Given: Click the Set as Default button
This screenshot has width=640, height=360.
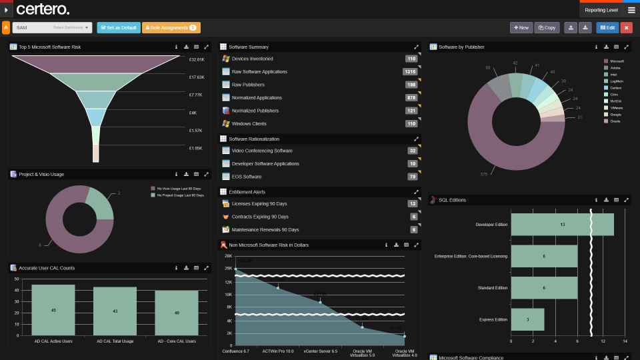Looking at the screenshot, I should [118, 27].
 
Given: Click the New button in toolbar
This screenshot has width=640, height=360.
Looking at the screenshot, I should [521, 27].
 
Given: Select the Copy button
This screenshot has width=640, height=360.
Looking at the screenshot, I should [547, 27].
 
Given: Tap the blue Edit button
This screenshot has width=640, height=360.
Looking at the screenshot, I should [607, 27].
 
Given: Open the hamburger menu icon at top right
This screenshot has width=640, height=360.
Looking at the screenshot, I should [631, 10].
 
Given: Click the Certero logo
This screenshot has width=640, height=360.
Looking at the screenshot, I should [43, 9].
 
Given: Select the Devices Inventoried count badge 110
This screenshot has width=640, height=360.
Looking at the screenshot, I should [411, 59].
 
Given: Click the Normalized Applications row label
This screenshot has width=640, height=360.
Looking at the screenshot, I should [256, 97].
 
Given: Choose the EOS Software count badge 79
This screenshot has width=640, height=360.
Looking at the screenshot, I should [412, 177].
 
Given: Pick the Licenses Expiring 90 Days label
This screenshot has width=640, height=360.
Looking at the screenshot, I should [259, 203].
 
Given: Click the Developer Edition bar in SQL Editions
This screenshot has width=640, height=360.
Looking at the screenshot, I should [562, 225].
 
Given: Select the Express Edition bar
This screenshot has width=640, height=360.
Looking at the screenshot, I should [527, 319].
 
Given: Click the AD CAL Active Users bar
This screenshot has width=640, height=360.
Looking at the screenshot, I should [53, 310].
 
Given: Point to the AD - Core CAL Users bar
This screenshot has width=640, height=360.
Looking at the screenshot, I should [177, 313].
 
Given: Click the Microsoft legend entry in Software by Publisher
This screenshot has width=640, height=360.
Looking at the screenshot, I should [617, 61].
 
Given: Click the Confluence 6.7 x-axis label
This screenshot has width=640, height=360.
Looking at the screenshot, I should [235, 351].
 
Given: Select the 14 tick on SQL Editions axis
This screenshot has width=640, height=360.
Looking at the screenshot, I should [625, 341].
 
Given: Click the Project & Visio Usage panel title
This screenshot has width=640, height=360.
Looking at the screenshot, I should [41, 174].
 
